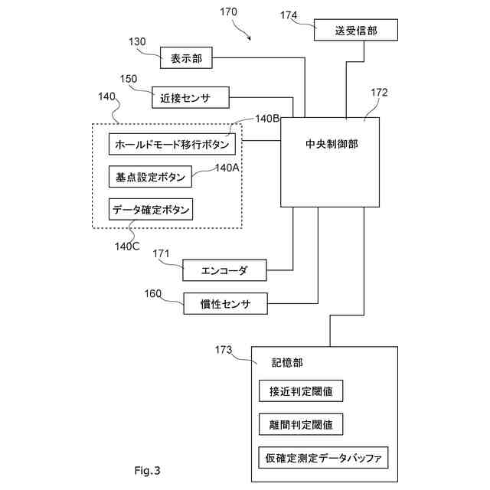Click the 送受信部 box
(355, 30)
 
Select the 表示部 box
(186, 58)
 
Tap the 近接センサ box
(191, 98)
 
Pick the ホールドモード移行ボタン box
(171, 144)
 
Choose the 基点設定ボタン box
(150, 177)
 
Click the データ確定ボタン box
(151, 209)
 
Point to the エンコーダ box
(224, 270)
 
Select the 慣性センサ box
(225, 303)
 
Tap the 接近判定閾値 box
(301, 391)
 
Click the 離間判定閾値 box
(301, 424)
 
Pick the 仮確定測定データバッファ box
(323, 458)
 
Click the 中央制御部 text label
(332, 144)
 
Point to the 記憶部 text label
(287, 362)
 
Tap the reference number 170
(228, 12)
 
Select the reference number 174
(289, 15)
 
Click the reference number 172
(379, 92)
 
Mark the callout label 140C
(127, 247)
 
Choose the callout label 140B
(267, 119)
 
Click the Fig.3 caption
(148, 470)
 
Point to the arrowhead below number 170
(250, 39)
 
